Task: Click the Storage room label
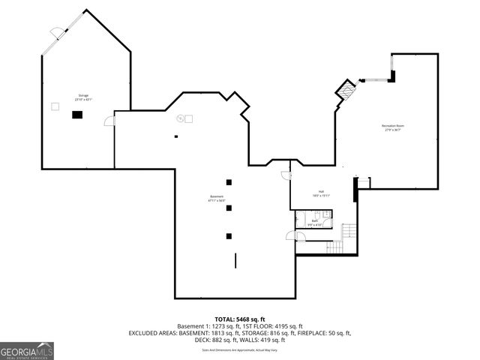coord(83,97)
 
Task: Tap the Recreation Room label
coord(392,127)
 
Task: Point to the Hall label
coord(321,193)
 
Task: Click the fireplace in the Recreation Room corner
coord(345,91)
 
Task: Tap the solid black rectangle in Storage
coord(76,114)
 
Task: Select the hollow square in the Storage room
coord(55,106)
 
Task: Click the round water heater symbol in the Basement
coord(180,118)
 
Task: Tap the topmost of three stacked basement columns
coord(229,182)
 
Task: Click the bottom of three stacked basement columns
coord(229,235)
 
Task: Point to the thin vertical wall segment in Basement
coord(236,262)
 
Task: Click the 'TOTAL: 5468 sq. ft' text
coord(239,319)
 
